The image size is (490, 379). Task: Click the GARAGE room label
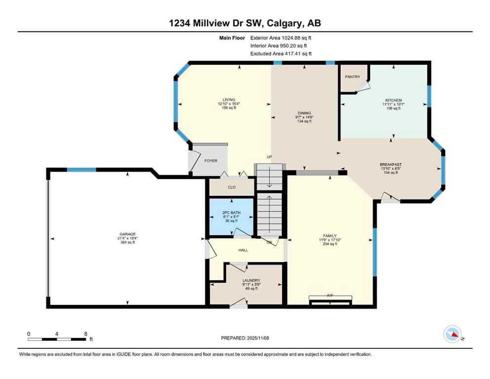click(127, 234)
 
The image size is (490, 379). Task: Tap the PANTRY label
click(352, 77)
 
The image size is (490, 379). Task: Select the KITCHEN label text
click(393, 100)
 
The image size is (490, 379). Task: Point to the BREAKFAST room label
click(390, 164)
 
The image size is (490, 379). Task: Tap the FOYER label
click(211, 161)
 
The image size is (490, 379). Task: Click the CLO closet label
click(231, 187)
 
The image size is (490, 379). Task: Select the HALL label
click(243, 250)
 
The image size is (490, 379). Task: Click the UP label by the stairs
click(269, 157)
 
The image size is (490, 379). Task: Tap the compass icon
click(452, 335)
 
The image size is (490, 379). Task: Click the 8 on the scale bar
click(85, 334)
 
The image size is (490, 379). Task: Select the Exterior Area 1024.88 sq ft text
click(281, 38)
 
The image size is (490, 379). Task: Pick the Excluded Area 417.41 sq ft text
click(281, 54)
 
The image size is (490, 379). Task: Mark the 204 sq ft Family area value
click(330, 244)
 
